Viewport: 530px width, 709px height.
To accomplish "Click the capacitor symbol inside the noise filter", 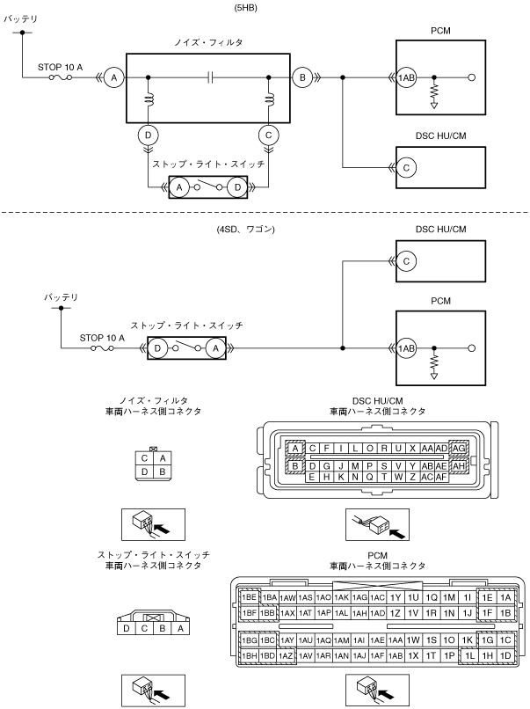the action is click(211, 77).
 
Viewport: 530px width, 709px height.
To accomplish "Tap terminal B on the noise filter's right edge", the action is click(302, 77).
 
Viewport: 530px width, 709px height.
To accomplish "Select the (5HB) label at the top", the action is click(246, 8).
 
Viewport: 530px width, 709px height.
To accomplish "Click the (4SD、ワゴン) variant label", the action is click(246, 230).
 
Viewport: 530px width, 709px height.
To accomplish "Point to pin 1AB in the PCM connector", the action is click(396, 655).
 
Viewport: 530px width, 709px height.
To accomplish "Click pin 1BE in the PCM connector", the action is click(249, 598).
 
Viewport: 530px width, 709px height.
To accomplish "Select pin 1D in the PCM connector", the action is click(505, 655).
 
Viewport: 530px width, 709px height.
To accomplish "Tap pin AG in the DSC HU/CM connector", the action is click(458, 448).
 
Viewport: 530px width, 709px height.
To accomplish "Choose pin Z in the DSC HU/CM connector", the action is click(412, 477).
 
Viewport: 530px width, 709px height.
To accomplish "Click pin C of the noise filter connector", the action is click(144, 458).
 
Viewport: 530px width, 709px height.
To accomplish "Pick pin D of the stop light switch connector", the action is click(126, 628).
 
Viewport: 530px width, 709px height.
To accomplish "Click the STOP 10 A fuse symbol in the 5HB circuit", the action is click(61, 77).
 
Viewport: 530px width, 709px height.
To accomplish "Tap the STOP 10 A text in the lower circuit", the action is click(102, 338).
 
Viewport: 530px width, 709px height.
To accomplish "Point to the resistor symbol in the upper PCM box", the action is click(434, 91).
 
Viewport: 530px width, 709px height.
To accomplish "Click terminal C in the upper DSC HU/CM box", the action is click(406, 168).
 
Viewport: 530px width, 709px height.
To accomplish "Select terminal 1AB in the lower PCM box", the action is click(406, 348).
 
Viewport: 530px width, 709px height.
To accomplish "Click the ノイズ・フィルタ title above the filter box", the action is click(208, 42).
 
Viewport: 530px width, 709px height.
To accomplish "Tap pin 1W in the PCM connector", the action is click(413, 640).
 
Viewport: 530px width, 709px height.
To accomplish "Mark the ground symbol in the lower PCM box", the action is click(434, 376).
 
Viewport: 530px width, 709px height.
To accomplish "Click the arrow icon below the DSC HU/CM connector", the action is click(378, 524).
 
